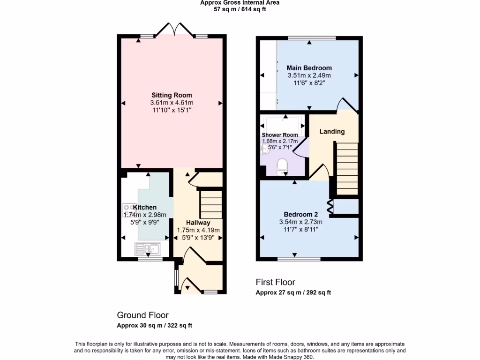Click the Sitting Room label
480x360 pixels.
coord(172,95)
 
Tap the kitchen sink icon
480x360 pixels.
coord(148,248)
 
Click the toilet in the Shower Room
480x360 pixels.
coord(282,165)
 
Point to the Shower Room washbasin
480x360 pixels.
coord(265,149)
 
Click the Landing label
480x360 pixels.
coord(332,132)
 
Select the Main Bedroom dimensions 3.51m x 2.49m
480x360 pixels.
coord(309,75)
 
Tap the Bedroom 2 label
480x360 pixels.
coord(296,214)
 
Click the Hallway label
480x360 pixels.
coord(198,223)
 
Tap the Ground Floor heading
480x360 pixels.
coord(142,315)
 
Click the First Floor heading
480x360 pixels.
coord(275,282)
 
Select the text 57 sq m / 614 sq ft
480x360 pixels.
coord(240,9)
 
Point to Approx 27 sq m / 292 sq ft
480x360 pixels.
coord(293,292)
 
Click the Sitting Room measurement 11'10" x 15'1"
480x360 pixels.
coord(172,110)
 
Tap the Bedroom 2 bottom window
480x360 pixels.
coord(299,259)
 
